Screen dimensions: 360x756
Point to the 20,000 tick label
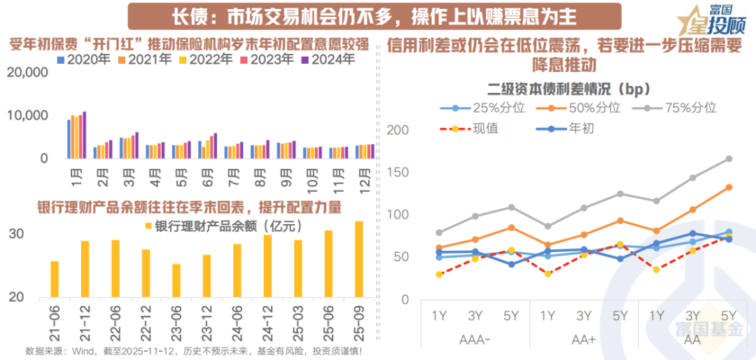tap(28, 72)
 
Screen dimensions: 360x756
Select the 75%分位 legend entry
tap(682, 108)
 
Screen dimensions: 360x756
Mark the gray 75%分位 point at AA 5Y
tap(729, 159)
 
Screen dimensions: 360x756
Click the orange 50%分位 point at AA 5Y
tap(729, 187)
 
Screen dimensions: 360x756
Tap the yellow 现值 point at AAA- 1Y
tap(439, 275)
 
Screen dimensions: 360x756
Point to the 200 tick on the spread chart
tap(397, 130)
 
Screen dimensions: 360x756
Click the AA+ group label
tap(583, 339)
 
